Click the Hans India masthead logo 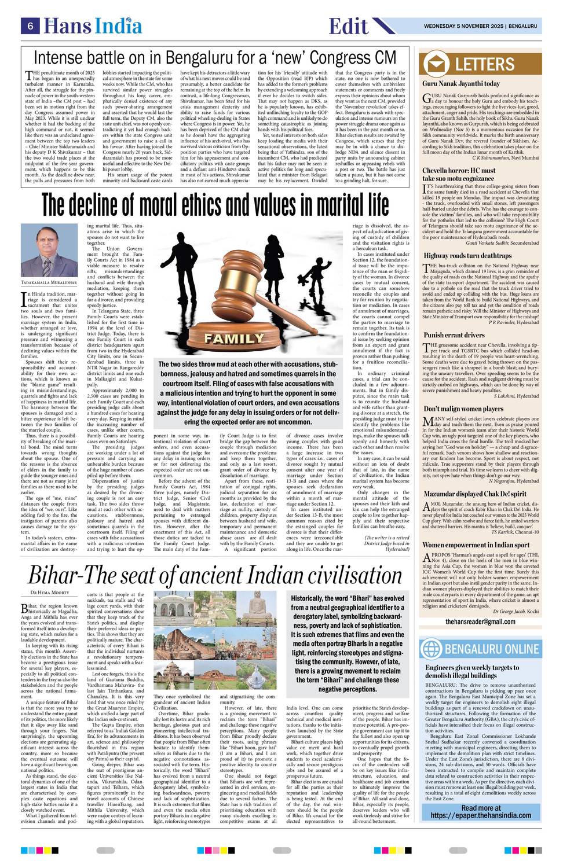pos(93,25)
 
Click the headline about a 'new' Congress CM pos(215,58)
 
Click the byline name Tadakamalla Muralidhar pos(49,282)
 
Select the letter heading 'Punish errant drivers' pos(454,335)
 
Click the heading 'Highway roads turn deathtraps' pos(467,255)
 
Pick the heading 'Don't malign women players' pos(463,409)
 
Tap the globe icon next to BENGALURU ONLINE pos(431,648)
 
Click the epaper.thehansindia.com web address pos(480,816)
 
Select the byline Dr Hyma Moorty pos(49,593)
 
